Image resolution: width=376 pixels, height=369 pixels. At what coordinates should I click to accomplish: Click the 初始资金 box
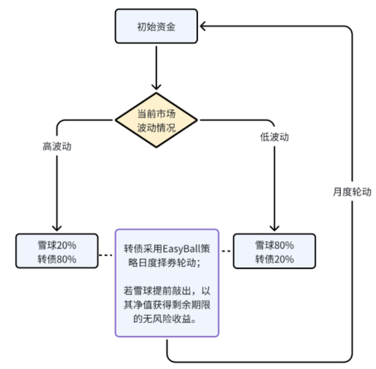pyautogui.click(x=156, y=27)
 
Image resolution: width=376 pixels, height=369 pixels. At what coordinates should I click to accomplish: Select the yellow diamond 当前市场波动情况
pyautogui.click(x=156, y=120)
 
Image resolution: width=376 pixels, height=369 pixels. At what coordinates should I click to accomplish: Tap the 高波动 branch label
pyautogui.click(x=57, y=146)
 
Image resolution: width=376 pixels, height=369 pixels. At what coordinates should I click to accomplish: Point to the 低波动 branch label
pyautogui.click(x=274, y=137)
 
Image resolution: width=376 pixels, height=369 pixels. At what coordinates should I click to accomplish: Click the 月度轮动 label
pyautogui.click(x=352, y=192)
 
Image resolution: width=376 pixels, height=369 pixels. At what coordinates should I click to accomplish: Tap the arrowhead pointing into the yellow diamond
pyautogui.click(x=156, y=85)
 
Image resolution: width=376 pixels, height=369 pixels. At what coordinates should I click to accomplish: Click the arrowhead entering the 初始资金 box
pyautogui.click(x=203, y=26)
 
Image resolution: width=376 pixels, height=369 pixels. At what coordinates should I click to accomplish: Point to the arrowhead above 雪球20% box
pyautogui.click(x=57, y=228)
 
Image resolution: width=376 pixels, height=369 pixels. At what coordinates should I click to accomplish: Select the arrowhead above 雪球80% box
pyautogui.click(x=274, y=228)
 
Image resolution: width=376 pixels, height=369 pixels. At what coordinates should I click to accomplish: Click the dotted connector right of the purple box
pyautogui.click(x=226, y=251)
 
